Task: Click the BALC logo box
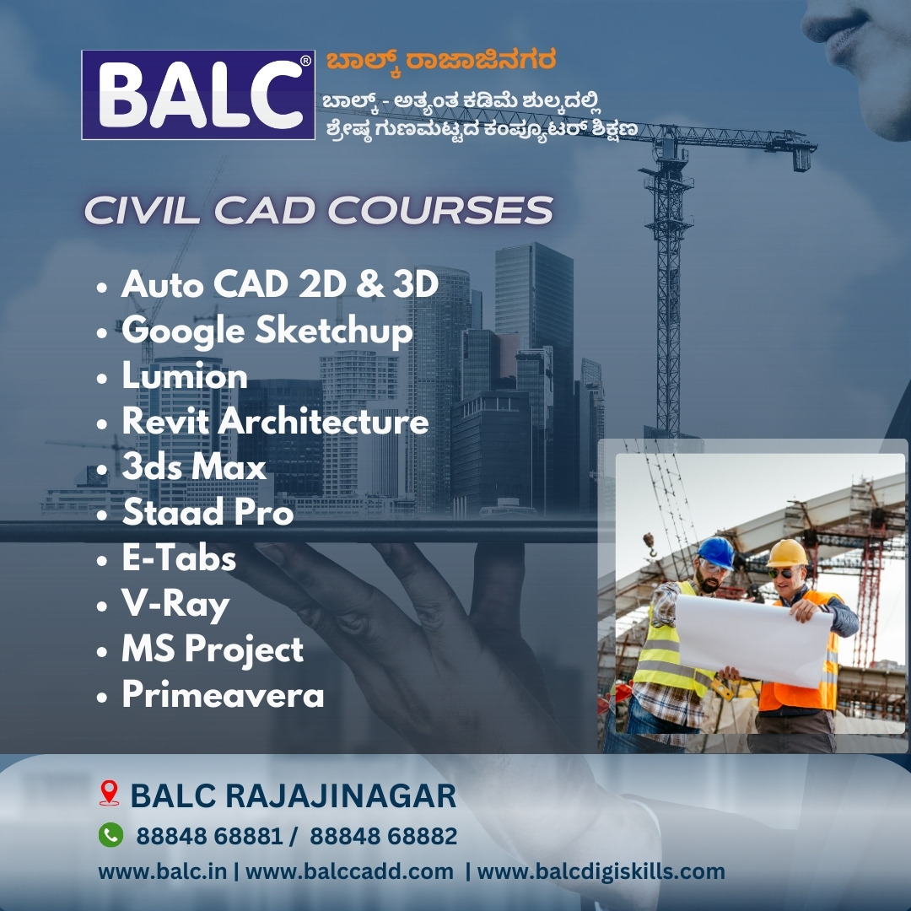pos(198,94)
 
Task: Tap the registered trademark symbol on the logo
pos(305,60)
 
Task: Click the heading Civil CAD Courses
pos(318,210)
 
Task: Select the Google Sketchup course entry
pos(267,332)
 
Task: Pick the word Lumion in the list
pos(185,376)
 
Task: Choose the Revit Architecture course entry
pos(275,421)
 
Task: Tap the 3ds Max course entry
pos(194,466)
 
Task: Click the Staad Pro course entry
pos(208,512)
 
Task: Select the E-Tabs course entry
pos(179,558)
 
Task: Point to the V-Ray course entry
pos(175,605)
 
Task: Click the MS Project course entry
pos(213,650)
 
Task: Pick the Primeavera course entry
pos(223,694)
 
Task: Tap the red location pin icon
pos(109,793)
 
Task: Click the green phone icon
pos(111,835)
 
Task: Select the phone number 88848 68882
pos(384,836)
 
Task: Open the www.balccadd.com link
pos(349,871)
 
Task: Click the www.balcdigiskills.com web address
pos(601,872)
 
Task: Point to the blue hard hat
pos(716,552)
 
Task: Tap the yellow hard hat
pos(787,553)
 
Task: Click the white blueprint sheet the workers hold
pos(755,639)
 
